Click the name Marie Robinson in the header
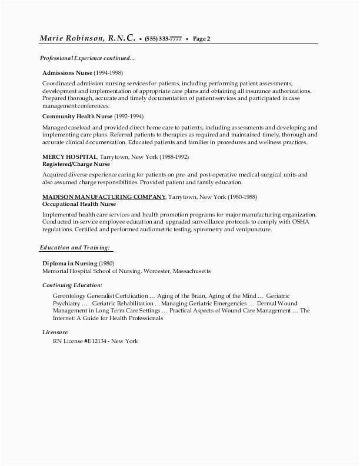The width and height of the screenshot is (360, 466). click(x=71, y=39)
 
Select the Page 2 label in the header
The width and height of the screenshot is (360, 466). click(x=201, y=39)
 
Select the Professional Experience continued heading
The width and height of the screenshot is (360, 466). click(x=87, y=58)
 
